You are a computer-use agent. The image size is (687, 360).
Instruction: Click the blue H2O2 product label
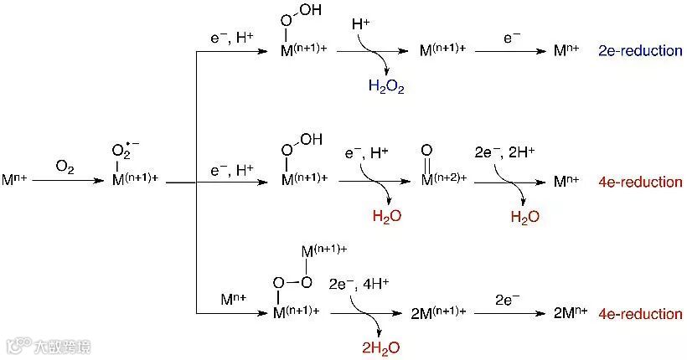pyautogui.click(x=385, y=86)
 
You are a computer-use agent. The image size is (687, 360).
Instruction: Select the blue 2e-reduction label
pyautogui.click(x=641, y=51)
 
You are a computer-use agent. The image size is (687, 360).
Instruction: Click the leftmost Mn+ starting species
pyautogui.click(x=16, y=180)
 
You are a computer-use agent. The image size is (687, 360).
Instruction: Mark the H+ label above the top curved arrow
pyautogui.click(x=361, y=25)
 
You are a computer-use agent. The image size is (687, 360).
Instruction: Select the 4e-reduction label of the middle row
pyautogui.click(x=641, y=182)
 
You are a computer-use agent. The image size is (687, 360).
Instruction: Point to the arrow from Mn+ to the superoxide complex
pyautogui.click(x=65, y=180)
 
